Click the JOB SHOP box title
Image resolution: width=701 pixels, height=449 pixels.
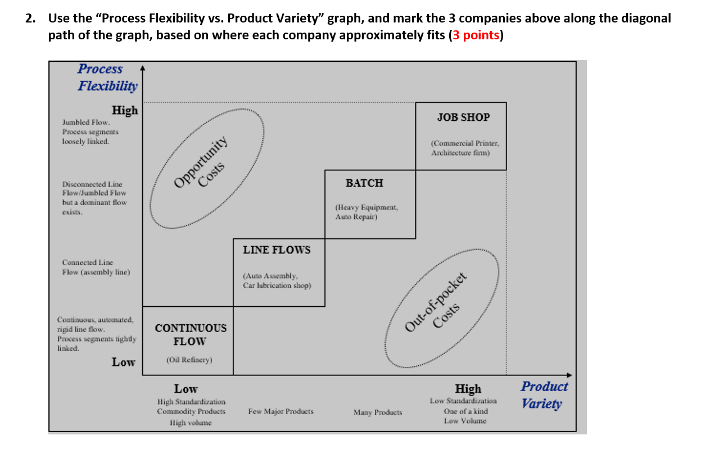pyautogui.click(x=463, y=117)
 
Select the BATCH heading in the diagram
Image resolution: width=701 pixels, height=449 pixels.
pyautogui.click(x=364, y=183)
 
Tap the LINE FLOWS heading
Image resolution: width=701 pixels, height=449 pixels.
pyautogui.click(x=277, y=250)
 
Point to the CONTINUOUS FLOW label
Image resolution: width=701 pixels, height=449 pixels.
pyautogui.click(x=191, y=334)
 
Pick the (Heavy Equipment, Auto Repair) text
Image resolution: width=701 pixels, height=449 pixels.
pyautogui.click(x=366, y=212)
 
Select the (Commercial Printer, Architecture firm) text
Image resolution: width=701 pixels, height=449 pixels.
pyautogui.click(x=464, y=148)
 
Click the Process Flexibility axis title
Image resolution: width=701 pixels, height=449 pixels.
pyautogui.click(x=107, y=78)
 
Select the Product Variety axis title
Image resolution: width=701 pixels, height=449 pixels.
pyautogui.click(x=544, y=394)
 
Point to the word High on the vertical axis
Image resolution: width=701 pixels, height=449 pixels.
pyautogui.click(x=125, y=111)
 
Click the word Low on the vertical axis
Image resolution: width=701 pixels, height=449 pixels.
pyautogui.click(x=123, y=362)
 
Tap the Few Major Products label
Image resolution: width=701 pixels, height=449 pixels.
pyautogui.click(x=281, y=411)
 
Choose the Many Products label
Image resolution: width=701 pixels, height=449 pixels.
pyautogui.click(x=377, y=412)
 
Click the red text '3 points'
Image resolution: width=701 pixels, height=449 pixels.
pyautogui.click(x=476, y=35)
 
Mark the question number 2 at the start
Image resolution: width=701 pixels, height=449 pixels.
pyautogui.click(x=30, y=18)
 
